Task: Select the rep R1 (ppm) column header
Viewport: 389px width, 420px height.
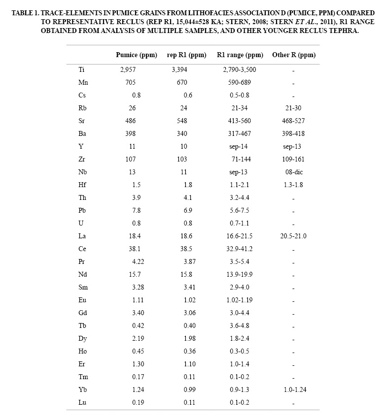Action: point(186,55)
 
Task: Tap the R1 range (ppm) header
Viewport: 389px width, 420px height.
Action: point(239,55)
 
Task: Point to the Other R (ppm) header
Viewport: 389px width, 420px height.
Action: point(294,55)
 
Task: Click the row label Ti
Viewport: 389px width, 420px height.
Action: point(81,69)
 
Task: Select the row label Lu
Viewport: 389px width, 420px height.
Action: point(81,402)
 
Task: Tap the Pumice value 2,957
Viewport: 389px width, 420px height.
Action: point(128,69)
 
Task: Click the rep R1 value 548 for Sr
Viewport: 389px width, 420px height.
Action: point(182,121)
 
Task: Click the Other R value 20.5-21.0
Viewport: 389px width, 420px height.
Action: point(293,236)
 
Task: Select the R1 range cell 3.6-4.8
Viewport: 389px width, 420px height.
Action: point(239,325)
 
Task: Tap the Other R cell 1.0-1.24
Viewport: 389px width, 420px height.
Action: point(293,389)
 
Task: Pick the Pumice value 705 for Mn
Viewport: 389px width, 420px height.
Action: point(130,82)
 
